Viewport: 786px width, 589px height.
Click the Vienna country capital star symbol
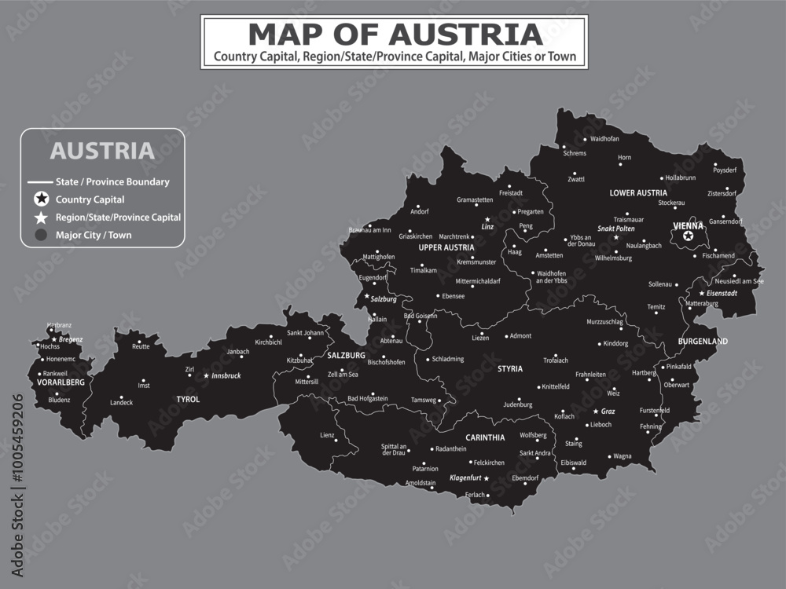tap(689, 236)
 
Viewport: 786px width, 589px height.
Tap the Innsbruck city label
tap(226, 376)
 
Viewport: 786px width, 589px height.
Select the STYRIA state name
tap(509, 368)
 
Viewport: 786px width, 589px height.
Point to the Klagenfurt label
tap(464, 478)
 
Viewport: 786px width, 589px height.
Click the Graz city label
tap(608, 412)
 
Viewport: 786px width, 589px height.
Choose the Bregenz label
tap(71, 339)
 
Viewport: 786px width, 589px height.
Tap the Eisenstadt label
tap(722, 293)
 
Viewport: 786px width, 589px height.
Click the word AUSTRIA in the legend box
tap(102, 150)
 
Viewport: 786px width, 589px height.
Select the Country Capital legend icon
tap(41, 199)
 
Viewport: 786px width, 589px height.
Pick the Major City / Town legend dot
tap(41, 234)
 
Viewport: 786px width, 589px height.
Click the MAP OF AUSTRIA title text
tap(395, 35)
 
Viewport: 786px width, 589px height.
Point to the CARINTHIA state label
tap(485, 437)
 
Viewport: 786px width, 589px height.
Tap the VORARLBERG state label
tap(61, 382)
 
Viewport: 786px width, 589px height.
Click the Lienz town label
tap(326, 434)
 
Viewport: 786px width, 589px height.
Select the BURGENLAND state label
tap(703, 342)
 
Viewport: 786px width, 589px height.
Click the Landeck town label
tap(122, 402)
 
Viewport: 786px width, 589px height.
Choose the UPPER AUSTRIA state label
tap(446, 247)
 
